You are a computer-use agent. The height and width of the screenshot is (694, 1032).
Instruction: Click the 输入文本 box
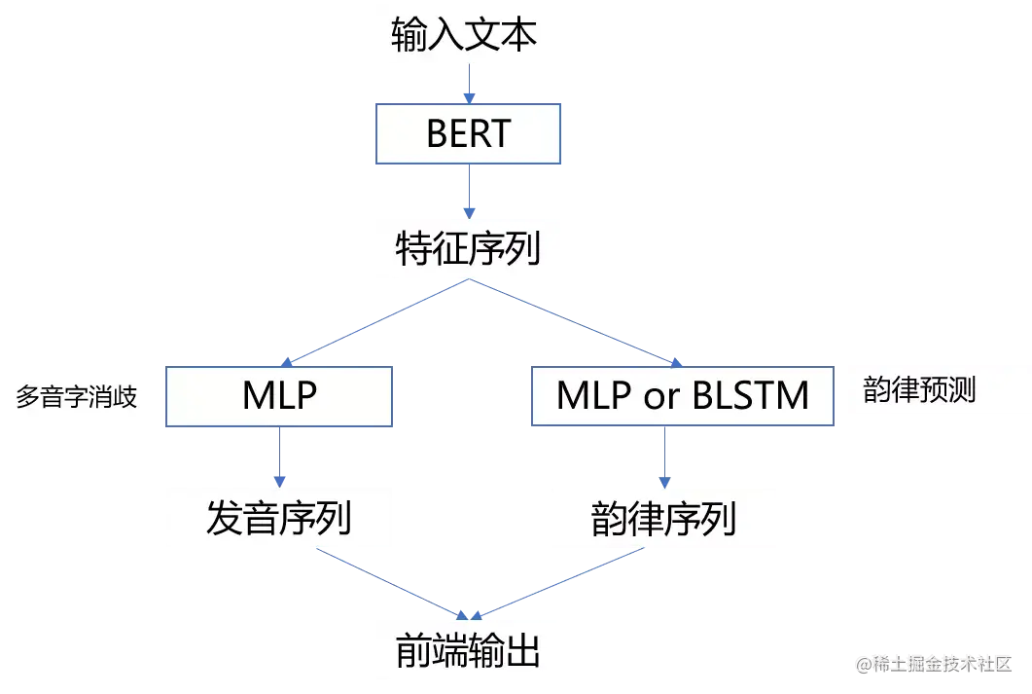(x=466, y=37)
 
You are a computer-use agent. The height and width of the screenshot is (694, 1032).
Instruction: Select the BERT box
(x=468, y=133)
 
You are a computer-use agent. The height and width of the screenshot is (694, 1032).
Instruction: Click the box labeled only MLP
(x=279, y=396)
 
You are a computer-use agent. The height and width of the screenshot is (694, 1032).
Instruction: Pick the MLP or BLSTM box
(x=682, y=396)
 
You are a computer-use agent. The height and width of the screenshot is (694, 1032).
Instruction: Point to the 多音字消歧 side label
(x=77, y=397)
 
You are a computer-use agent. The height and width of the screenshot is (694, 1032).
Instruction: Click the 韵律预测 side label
(x=919, y=390)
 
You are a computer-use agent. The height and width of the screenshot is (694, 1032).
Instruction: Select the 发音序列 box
(x=279, y=518)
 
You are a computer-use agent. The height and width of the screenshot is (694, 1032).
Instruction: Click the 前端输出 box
(x=468, y=650)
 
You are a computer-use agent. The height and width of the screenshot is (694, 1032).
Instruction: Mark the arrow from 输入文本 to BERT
(x=468, y=86)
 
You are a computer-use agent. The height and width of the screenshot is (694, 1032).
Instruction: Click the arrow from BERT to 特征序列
(x=469, y=190)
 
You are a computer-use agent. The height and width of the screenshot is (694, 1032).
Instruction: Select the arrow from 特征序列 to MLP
(x=374, y=322)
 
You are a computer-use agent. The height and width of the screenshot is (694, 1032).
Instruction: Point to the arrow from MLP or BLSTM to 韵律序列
(x=664, y=456)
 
